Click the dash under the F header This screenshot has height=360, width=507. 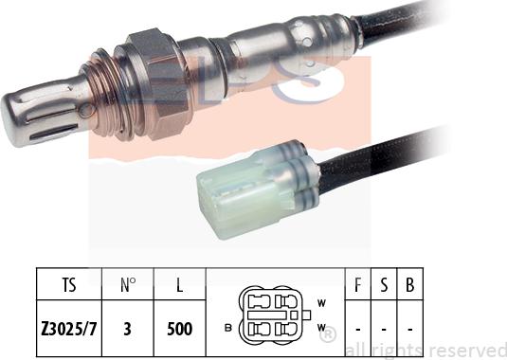click(358, 330)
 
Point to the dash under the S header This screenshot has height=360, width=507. click(384, 330)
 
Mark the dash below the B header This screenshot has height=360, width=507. click(408, 330)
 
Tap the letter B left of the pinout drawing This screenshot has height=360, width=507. click(228, 328)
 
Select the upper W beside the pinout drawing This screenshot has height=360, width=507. click(321, 303)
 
